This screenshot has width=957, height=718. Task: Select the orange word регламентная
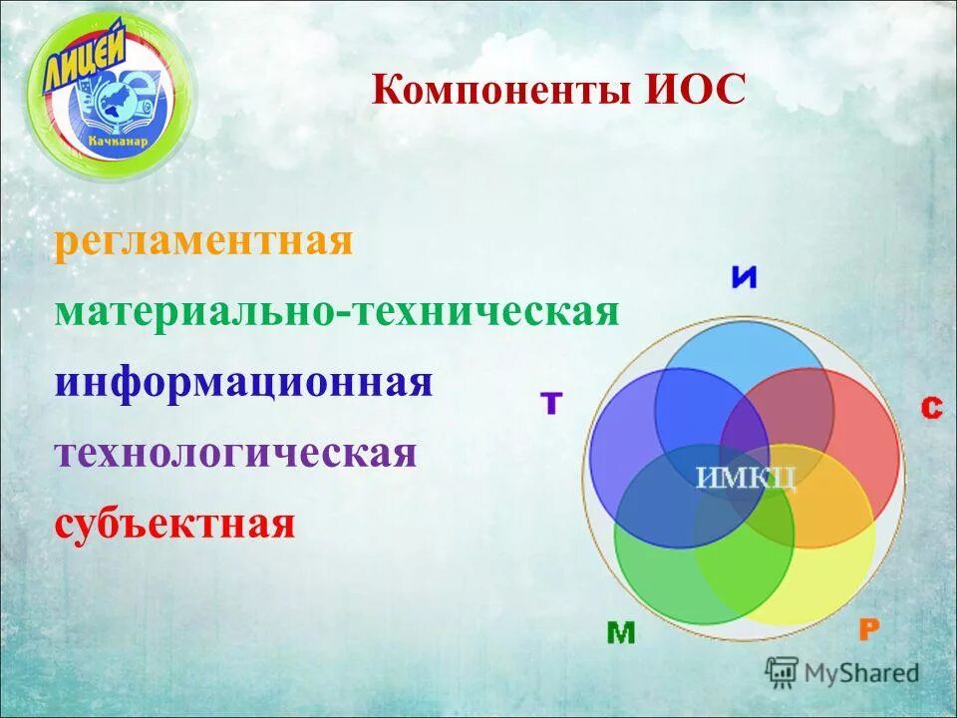point(203,242)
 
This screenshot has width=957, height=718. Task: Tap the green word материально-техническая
point(337,312)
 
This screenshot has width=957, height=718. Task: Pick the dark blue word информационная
point(243,383)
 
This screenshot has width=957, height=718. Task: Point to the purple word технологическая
point(235,453)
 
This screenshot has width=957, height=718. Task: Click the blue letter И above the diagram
point(744,277)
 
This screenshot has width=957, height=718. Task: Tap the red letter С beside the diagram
point(931,407)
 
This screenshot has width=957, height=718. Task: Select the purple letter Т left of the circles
point(551,403)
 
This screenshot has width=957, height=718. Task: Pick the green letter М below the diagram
point(620,633)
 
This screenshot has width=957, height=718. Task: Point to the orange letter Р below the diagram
point(868,629)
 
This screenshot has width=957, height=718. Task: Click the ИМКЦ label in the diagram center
point(746,478)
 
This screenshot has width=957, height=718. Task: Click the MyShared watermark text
point(862,673)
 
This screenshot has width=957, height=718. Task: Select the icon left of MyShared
point(782,673)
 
